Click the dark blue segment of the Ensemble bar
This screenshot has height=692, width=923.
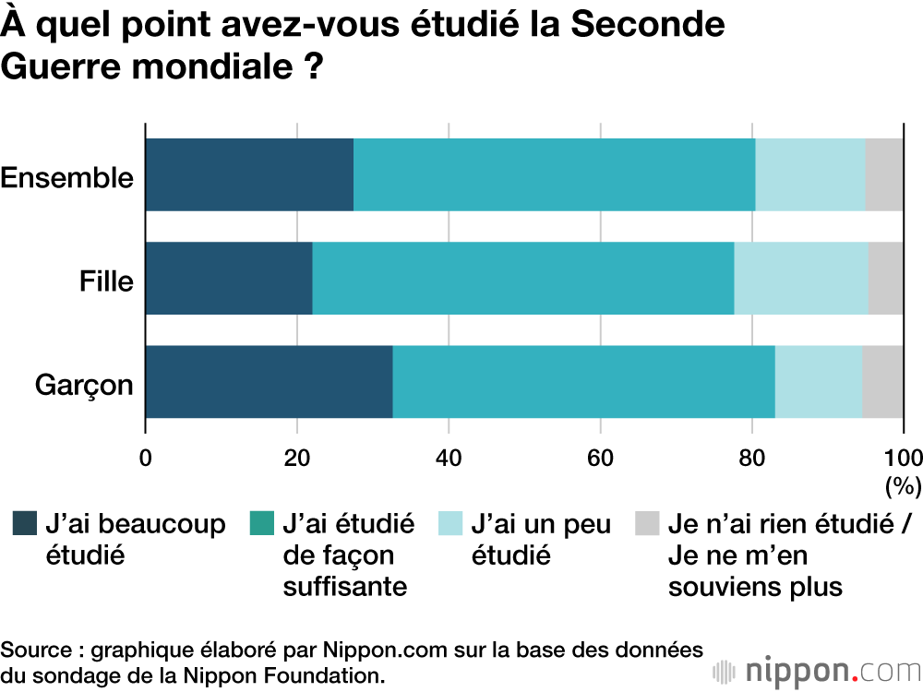click(249, 174)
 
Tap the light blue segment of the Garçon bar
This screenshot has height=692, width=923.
click(818, 382)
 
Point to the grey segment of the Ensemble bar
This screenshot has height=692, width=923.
click(883, 174)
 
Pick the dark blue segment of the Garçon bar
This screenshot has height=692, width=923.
click(269, 382)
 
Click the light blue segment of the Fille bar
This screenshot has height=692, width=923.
click(800, 278)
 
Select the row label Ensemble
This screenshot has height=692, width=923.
click(67, 177)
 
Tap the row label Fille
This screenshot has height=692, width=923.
click(106, 280)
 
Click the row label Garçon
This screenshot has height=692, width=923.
click(85, 385)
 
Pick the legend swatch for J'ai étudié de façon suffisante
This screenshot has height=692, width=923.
click(263, 524)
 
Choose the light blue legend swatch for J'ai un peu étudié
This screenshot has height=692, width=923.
click(453, 524)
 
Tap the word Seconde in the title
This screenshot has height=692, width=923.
click(647, 25)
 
